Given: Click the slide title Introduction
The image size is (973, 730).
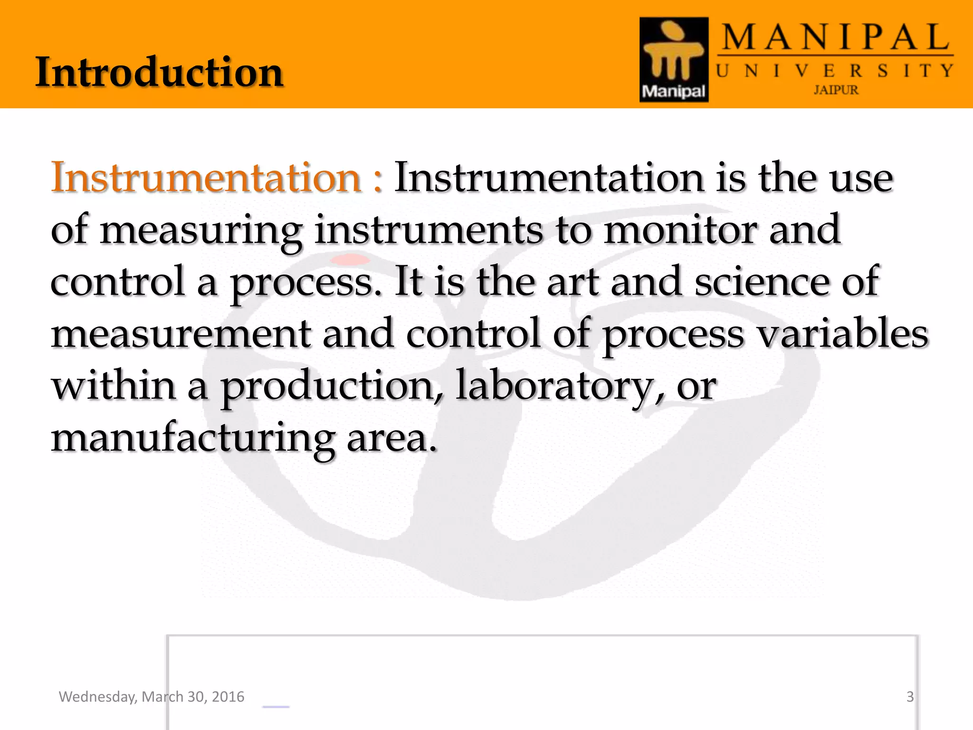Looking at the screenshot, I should [160, 72].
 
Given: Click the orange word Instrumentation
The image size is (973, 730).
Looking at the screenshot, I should [206, 177].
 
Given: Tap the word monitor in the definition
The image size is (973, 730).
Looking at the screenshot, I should [680, 230].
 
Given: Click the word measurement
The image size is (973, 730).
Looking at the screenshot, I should [181, 334].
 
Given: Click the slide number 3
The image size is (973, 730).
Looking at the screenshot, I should [910, 697].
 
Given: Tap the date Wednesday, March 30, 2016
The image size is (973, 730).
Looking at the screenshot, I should [152, 697].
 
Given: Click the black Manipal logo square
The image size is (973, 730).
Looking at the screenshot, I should [674, 59].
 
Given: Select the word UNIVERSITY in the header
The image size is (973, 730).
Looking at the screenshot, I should [835, 71].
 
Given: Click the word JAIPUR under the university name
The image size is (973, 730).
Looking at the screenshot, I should [836, 90].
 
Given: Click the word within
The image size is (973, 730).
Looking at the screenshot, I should [114, 386].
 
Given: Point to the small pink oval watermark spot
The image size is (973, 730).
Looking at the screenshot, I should [350, 259].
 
